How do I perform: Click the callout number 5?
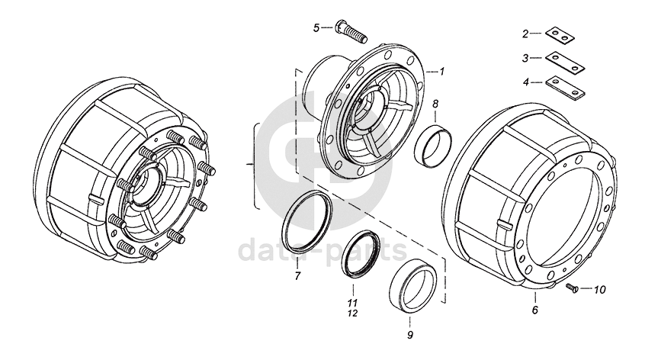tap(316, 28)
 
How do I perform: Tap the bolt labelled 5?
tap(351, 30)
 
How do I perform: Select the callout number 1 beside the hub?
tap(441, 72)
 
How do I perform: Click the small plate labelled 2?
tap(560, 35)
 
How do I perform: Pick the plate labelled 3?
tap(565, 62)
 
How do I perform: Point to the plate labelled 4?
tap(565, 88)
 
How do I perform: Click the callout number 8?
tap(435, 104)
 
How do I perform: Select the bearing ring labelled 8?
tap(433, 145)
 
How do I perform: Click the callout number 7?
tap(298, 275)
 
